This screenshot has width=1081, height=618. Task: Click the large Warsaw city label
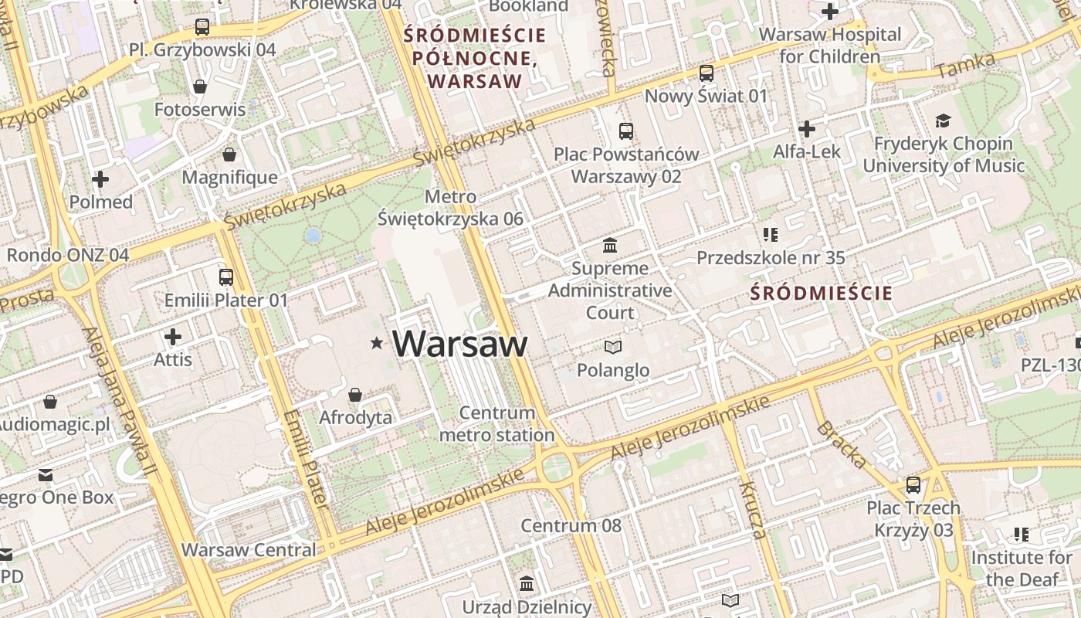coord(460,344)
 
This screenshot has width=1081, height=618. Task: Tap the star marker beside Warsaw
coord(377,342)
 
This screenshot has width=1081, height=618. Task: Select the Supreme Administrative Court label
coord(610,290)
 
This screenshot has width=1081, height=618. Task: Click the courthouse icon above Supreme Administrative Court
coord(610,246)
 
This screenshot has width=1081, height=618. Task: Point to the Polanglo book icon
coord(613,348)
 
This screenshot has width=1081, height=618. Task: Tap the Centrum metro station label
coord(496,424)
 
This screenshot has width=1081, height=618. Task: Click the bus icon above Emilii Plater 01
coord(226,277)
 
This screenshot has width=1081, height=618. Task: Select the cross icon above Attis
coord(173,337)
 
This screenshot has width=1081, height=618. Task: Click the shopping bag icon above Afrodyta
coord(355,395)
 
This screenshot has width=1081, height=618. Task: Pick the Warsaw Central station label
coord(249,550)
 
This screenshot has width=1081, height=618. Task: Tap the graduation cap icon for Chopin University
coord(943,121)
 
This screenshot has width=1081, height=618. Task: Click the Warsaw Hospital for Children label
coord(830,46)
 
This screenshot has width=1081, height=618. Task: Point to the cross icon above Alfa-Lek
coord(807,128)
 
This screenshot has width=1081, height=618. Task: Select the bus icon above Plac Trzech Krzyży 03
coord(913,485)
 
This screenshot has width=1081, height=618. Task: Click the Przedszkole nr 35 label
coord(771,258)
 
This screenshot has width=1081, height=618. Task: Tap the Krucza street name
coord(752,509)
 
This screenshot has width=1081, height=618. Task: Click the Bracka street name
coord(842,445)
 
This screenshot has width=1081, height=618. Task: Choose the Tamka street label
coord(965,65)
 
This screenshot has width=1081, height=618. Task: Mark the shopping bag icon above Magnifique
coord(229,154)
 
